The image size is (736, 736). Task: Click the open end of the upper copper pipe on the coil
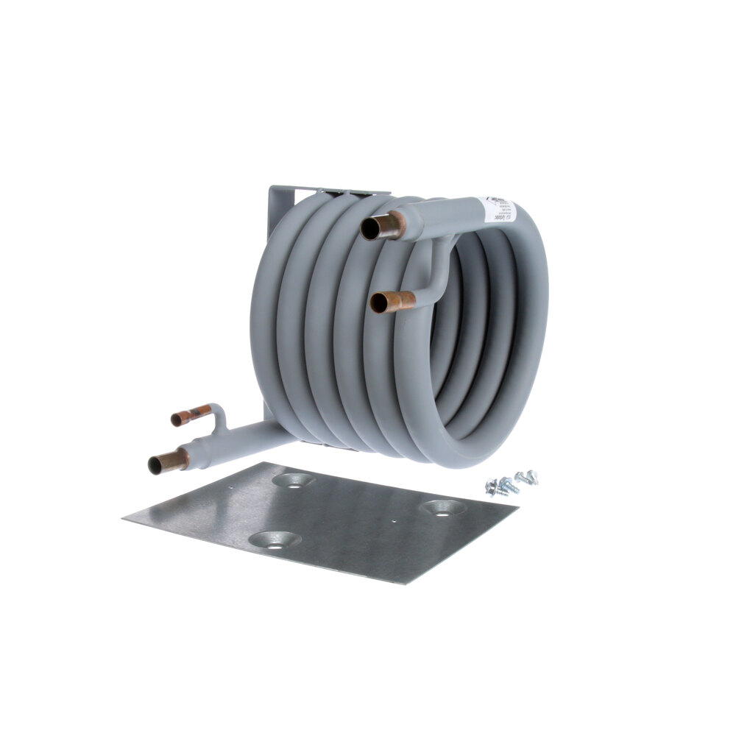(x=370, y=230)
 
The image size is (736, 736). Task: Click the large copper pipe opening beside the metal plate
(x=158, y=465)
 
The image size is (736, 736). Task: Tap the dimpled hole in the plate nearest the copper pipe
(x=293, y=480)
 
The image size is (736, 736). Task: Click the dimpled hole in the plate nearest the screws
(x=442, y=507)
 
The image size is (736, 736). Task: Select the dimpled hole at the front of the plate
(x=275, y=539)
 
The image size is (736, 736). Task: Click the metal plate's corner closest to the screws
(x=517, y=508)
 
